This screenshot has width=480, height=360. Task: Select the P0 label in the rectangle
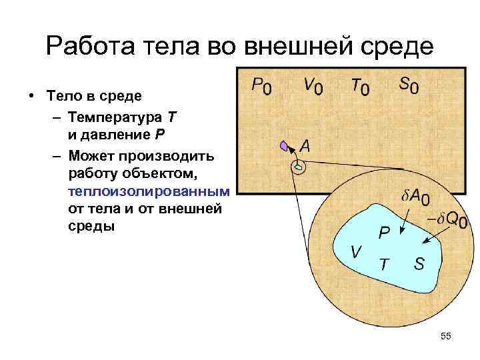[x=261, y=87]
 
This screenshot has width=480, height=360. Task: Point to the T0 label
[x=358, y=86]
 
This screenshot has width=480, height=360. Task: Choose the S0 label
[x=408, y=86]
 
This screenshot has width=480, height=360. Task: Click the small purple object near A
[x=286, y=145]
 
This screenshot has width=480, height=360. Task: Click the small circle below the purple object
[x=299, y=167]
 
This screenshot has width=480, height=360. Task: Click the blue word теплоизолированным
[x=148, y=191]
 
